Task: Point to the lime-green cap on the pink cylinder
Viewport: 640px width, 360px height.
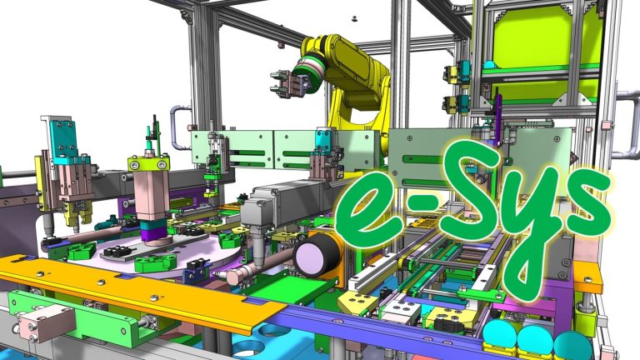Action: tap(150, 162)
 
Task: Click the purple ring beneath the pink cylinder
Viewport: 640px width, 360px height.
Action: tap(152, 230)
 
